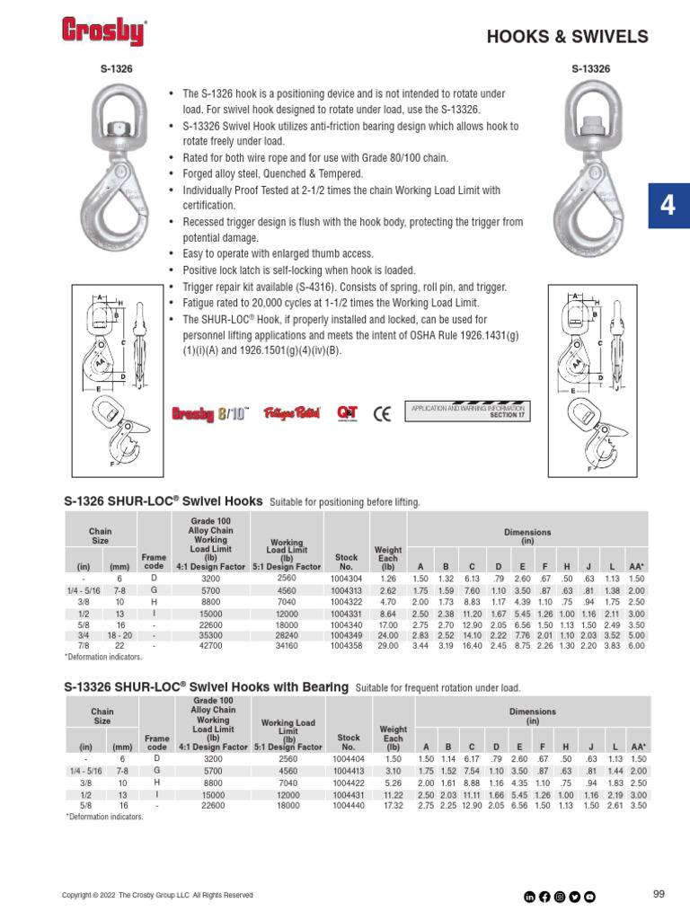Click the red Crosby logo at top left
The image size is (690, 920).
click(103, 31)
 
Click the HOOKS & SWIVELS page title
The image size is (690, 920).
click(567, 37)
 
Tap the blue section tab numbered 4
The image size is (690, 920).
click(668, 205)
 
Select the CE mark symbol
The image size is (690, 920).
click(382, 412)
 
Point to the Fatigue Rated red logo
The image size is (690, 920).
click(291, 413)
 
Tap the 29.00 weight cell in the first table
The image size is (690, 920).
click(388, 645)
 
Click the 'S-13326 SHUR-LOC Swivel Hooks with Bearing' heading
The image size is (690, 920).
click(206, 687)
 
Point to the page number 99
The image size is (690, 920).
click(658, 893)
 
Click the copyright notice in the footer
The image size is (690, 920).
click(156, 895)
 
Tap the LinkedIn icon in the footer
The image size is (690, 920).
click(529, 895)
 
